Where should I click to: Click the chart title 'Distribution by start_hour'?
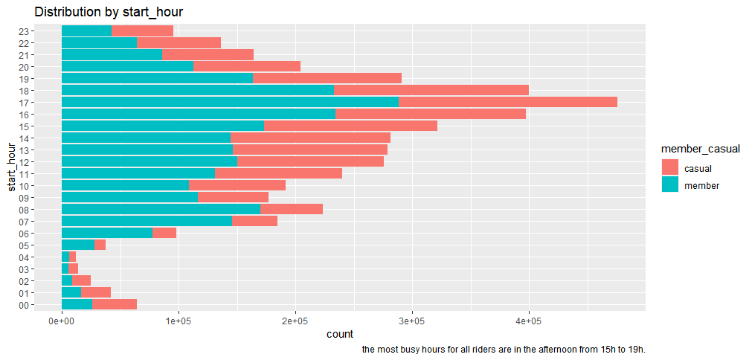[109, 12]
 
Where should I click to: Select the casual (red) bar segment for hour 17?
[507, 102]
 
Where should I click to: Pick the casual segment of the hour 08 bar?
[292, 209]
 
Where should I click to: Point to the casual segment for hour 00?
[115, 304]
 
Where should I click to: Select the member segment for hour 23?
[86, 30]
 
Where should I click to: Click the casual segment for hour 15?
[351, 126]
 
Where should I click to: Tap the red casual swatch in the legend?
[670, 169]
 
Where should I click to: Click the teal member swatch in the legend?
[670, 186]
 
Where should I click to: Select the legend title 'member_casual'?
[700, 150]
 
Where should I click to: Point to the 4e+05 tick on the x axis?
[529, 321]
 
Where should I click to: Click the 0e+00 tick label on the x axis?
[61, 321]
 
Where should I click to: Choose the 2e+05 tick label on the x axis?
[295, 321]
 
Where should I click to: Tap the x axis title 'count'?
[340, 335]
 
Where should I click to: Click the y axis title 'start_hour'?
[11, 167]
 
